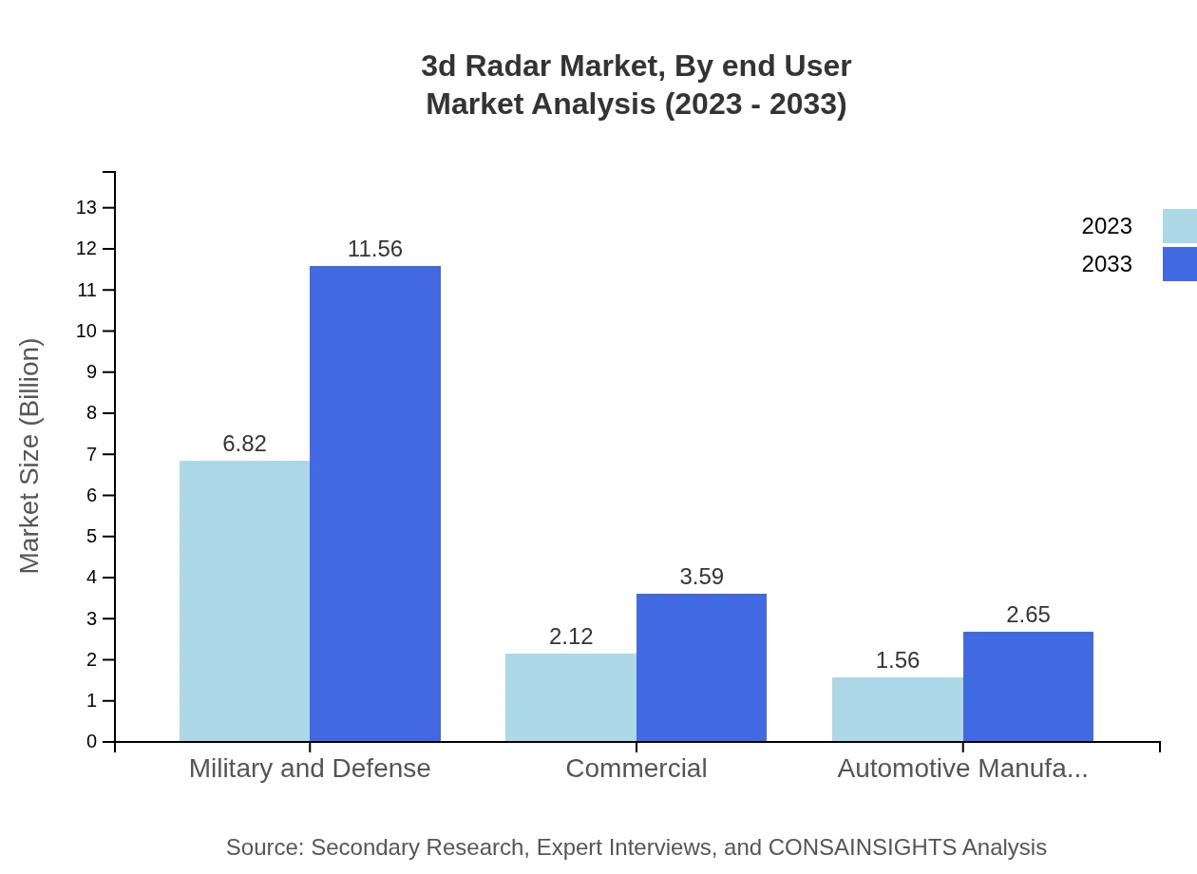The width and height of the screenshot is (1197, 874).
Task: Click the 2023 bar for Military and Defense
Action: tap(244, 600)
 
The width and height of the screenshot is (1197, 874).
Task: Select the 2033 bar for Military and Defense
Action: tap(375, 503)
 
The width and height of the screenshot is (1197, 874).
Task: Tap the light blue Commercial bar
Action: tap(571, 697)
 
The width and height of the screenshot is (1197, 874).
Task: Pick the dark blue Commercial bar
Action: tap(701, 667)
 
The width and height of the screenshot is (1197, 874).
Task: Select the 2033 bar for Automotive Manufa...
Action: tap(1028, 686)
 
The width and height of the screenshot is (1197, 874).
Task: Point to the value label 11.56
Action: tap(375, 249)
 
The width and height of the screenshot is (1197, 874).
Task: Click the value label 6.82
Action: tap(244, 444)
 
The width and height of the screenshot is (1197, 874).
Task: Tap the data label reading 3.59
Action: tap(701, 577)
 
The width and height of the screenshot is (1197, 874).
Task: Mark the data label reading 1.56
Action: tap(898, 660)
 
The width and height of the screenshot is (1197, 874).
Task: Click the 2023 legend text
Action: tap(1107, 226)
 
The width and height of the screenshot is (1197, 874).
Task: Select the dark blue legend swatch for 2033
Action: tap(1179, 264)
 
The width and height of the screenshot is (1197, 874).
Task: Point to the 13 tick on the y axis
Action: tap(86, 207)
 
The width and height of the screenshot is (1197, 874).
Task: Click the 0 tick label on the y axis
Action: tap(92, 742)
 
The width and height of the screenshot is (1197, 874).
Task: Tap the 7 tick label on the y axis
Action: tap(92, 454)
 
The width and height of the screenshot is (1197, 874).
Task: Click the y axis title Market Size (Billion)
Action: tap(29, 456)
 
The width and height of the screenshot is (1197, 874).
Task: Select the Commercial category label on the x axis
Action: tap(636, 768)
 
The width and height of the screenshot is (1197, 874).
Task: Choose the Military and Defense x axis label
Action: tap(310, 768)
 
